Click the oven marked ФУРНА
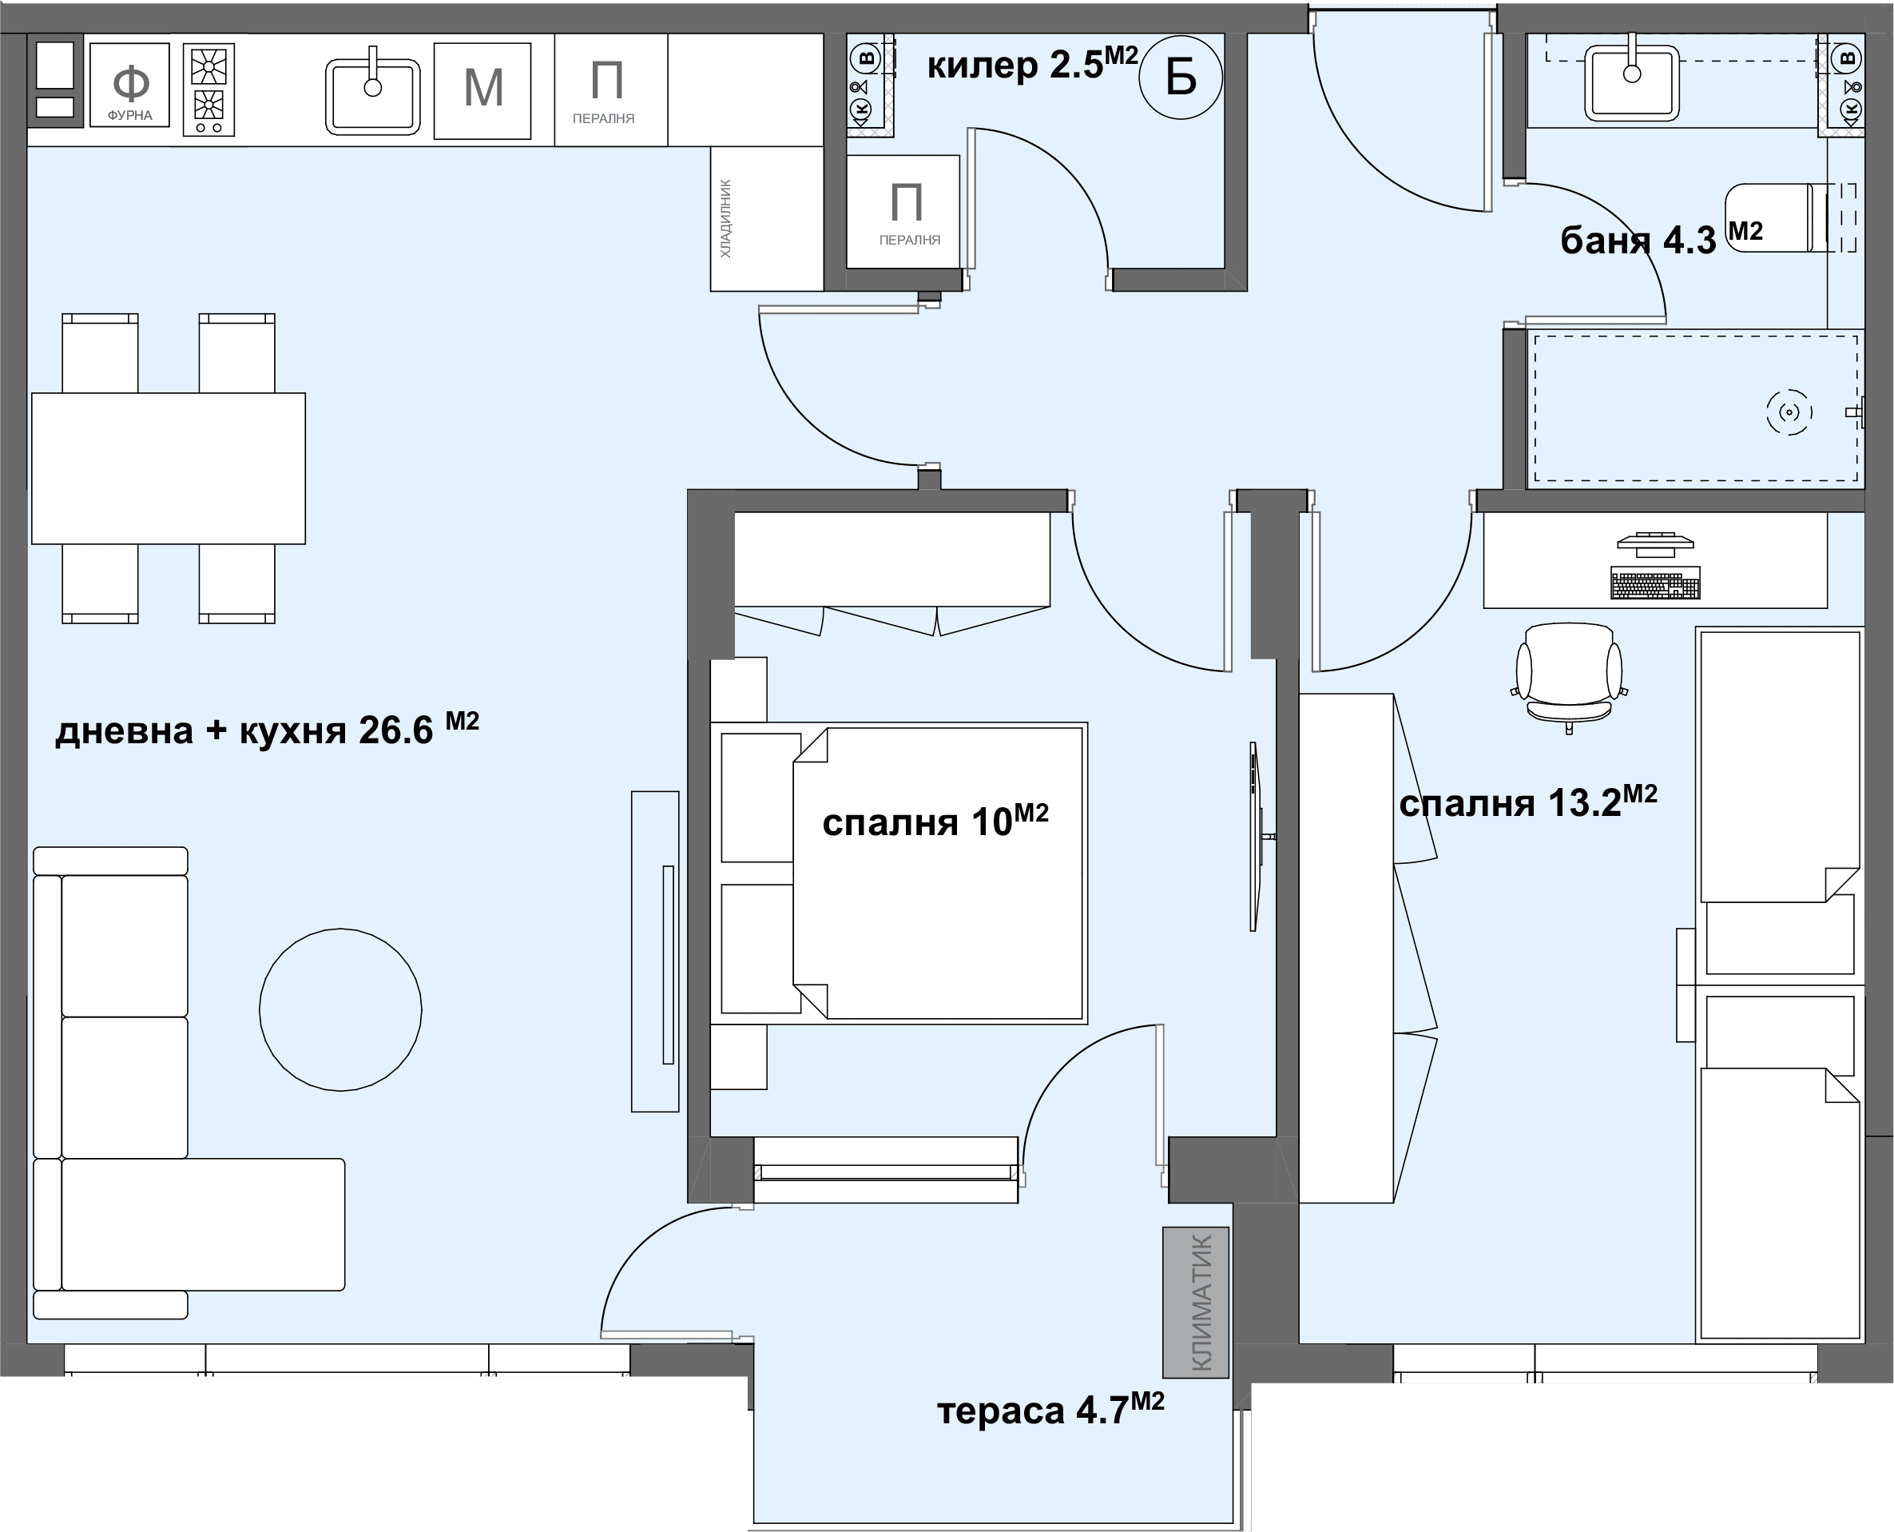(x=129, y=85)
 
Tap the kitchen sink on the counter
(x=372, y=96)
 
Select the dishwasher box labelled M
(x=482, y=91)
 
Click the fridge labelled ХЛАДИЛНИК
(x=767, y=218)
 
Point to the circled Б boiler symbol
(x=1181, y=78)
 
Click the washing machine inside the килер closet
(x=903, y=212)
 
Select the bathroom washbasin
(x=1631, y=82)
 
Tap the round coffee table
(x=340, y=1009)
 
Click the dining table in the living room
(x=169, y=468)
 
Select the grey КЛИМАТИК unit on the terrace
(x=1195, y=1302)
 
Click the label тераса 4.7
(x=1050, y=1410)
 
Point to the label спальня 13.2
(x=1528, y=802)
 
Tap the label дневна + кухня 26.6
(x=267, y=729)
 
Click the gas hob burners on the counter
(x=209, y=90)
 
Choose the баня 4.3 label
(x=1661, y=239)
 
